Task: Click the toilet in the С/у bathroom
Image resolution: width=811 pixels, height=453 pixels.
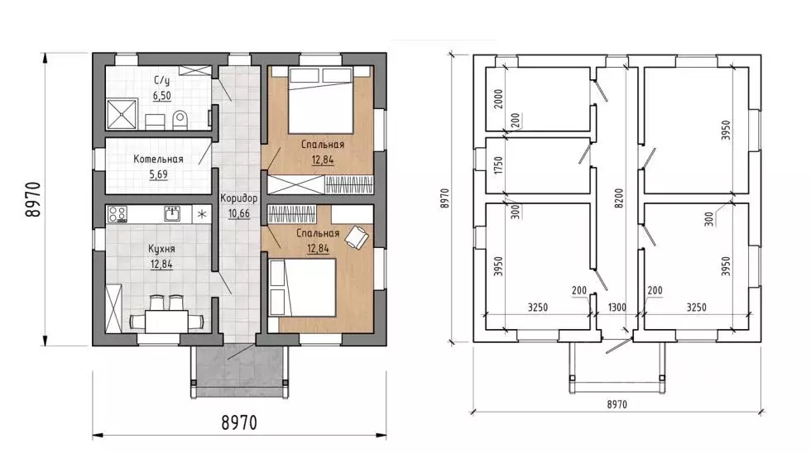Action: point(179,119)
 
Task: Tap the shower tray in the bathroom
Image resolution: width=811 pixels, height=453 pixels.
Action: point(122,114)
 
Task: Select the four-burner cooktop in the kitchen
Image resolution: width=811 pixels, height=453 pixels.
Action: point(117,214)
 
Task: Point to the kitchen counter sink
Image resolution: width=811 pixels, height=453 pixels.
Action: point(172,213)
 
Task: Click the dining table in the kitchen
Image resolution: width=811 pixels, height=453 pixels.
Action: point(166,322)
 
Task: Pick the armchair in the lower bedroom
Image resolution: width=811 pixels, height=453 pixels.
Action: point(357,236)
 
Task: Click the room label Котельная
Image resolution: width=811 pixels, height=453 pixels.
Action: point(158,159)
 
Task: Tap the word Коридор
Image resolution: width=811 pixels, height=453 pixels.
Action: point(238,198)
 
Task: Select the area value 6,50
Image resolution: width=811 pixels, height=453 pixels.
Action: point(162,96)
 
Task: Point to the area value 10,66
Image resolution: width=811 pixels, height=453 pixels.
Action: point(238,213)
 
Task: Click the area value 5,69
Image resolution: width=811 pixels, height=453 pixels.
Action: point(159,174)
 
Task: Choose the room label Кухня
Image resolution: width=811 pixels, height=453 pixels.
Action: point(161,249)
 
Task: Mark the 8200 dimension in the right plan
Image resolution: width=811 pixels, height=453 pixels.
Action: point(619,198)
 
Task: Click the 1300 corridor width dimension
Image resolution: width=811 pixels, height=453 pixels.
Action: point(617,308)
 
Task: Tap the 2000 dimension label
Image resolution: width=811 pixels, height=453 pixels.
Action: point(498,98)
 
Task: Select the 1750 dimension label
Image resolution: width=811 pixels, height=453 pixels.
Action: point(498,165)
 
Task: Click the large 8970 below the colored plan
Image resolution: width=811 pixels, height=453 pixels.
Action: point(239,422)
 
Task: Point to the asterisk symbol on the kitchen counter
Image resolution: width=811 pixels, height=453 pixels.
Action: point(202,214)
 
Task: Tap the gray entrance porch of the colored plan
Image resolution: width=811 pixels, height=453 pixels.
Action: point(239,371)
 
